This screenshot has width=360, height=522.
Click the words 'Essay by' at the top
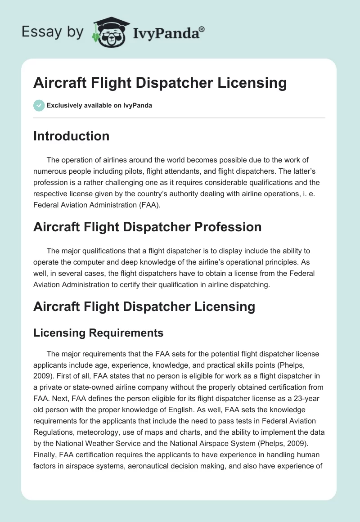[x=53, y=31]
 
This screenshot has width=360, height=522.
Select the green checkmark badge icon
[x=38, y=106]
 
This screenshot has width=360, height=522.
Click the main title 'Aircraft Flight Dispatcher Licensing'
[x=160, y=83]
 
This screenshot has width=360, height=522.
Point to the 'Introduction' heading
[x=71, y=136]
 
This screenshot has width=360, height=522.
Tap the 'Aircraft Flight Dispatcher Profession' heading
[x=147, y=227]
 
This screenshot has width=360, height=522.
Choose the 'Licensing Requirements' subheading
[x=98, y=333]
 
